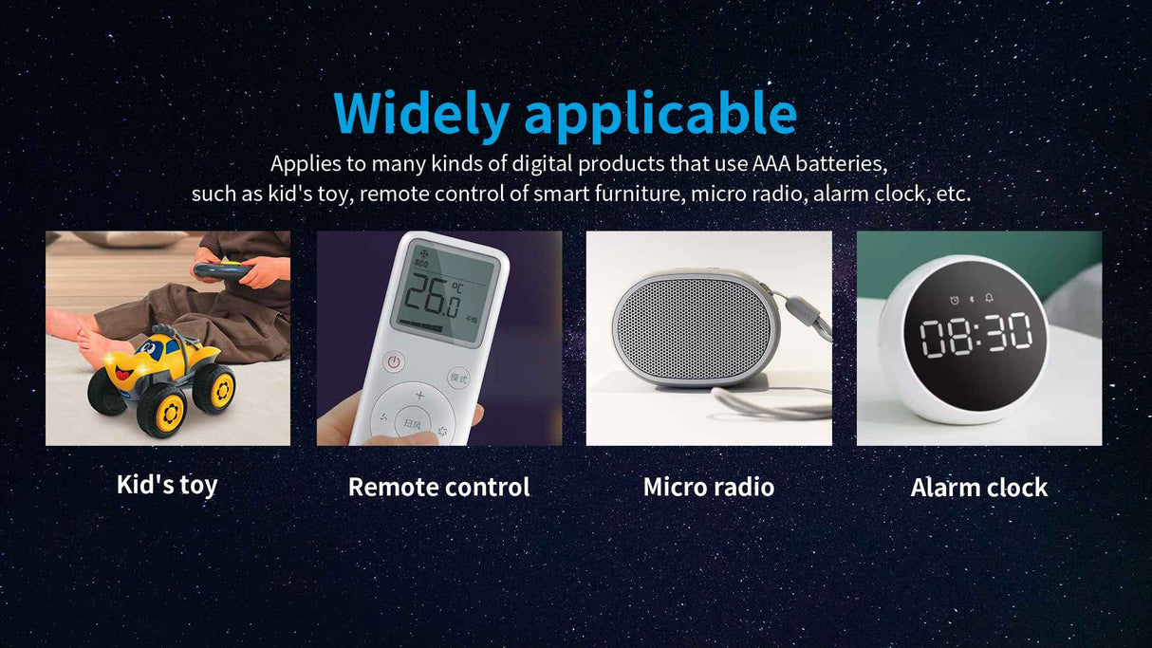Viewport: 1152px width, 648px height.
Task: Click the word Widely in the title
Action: pyautogui.click(x=421, y=114)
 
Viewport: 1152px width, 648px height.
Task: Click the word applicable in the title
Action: pyautogui.click(x=660, y=116)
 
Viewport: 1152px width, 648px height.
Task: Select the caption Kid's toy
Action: pyautogui.click(x=167, y=485)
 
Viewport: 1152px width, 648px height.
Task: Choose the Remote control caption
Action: pyautogui.click(x=439, y=487)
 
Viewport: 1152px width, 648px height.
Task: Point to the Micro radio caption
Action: pyautogui.click(x=709, y=487)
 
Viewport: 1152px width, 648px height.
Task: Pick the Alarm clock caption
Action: pyautogui.click(x=978, y=487)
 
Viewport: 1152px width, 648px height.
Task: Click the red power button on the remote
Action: pyautogui.click(x=394, y=361)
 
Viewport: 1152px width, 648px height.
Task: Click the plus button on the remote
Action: pyautogui.click(x=420, y=395)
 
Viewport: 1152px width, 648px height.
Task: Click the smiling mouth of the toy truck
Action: pyautogui.click(x=123, y=371)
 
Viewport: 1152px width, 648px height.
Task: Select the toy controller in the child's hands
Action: pyautogui.click(x=222, y=270)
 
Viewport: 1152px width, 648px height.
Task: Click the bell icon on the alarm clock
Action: pyautogui.click(x=989, y=298)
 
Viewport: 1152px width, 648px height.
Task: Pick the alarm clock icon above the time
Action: pyautogui.click(x=955, y=300)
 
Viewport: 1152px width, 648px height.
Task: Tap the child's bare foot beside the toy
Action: pyautogui.click(x=101, y=347)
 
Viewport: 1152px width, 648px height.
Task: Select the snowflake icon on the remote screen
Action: pyautogui.click(x=425, y=253)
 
